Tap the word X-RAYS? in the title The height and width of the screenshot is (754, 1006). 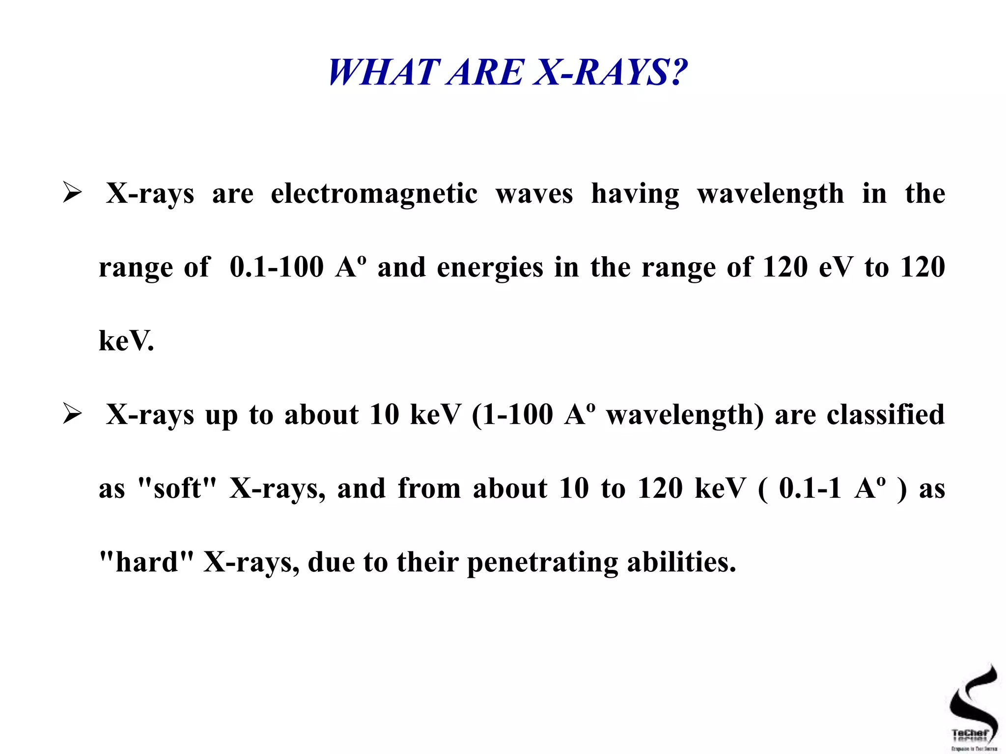[610, 73]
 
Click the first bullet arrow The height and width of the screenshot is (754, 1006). [72, 192]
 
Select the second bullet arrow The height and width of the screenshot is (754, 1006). [72, 414]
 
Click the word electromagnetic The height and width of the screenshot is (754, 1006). [374, 193]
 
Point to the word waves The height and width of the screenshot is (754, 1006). [534, 193]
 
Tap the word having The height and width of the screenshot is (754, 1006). [635, 194]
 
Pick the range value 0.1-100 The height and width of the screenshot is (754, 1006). [277, 268]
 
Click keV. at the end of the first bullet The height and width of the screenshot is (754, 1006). [126, 341]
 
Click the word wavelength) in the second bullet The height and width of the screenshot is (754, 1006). [685, 415]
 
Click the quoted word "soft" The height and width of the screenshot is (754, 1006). [177, 488]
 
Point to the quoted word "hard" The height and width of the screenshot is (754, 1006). [146, 562]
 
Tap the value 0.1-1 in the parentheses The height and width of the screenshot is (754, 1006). [810, 488]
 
